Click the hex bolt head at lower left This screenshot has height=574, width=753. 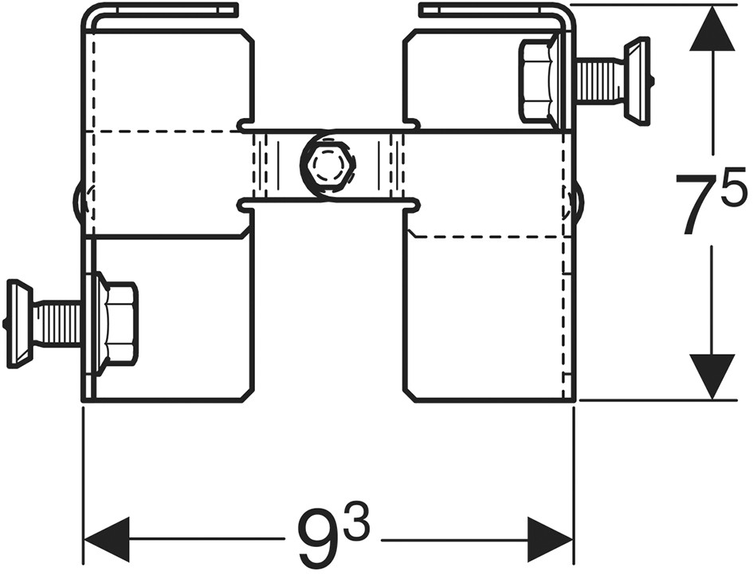point(121,320)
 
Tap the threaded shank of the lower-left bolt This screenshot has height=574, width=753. point(58,324)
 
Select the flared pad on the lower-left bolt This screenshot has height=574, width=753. point(19,324)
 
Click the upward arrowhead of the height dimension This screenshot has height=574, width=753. point(712,28)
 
